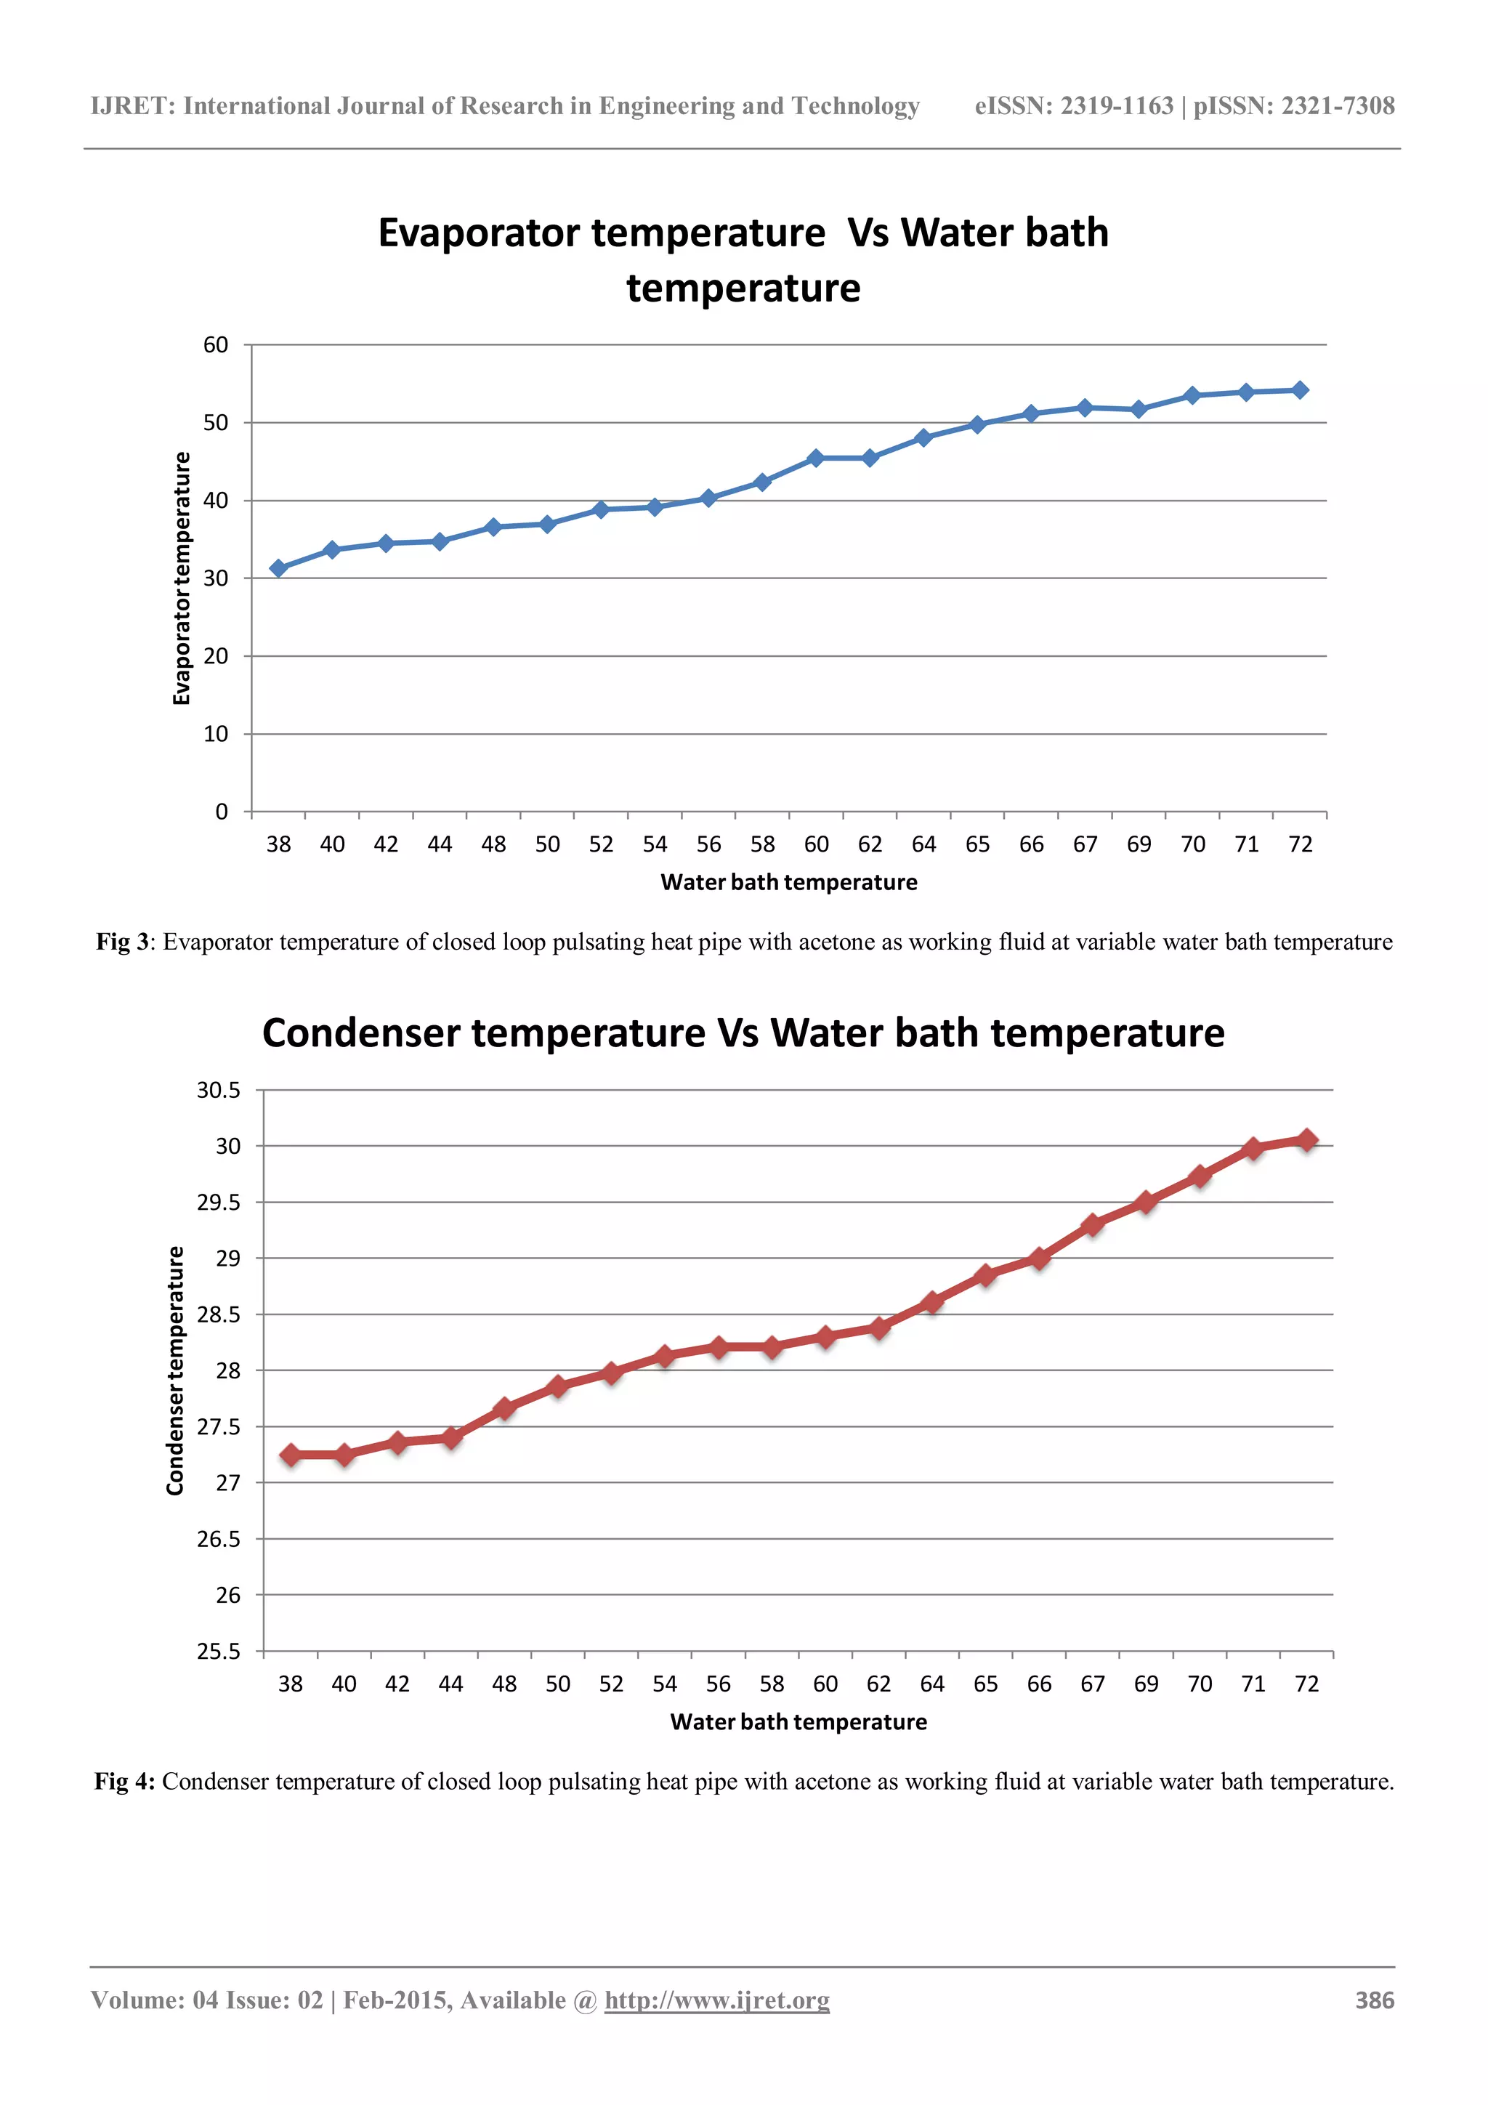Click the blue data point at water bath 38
click(279, 568)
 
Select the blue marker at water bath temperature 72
click(1299, 389)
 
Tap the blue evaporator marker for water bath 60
click(816, 458)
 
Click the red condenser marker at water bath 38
click(291, 1455)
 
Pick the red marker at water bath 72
click(1306, 1139)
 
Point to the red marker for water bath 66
click(1039, 1258)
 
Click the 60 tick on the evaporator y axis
click(217, 344)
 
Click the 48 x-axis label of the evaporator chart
click(493, 844)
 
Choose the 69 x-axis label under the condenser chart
click(1146, 1684)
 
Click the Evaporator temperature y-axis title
click(182, 578)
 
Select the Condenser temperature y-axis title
click(175, 1370)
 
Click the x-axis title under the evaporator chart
click(788, 882)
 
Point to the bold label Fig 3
click(122, 942)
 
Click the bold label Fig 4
click(124, 1782)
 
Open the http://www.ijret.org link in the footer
click(717, 2000)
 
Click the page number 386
click(1375, 2000)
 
